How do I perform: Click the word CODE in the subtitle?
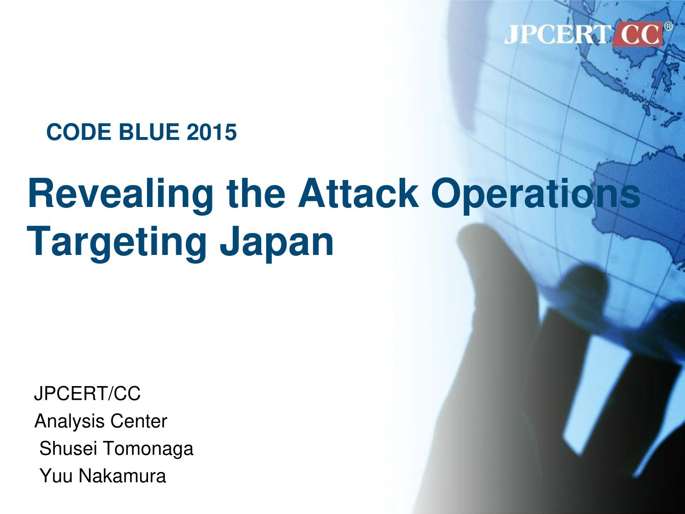tap(79, 132)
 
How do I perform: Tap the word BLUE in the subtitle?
tap(149, 132)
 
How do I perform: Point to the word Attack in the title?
tap(358, 193)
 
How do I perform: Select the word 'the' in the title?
tap(256, 193)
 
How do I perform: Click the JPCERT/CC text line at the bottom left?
tap(87, 393)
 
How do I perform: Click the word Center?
tap(138, 421)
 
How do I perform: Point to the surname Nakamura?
tap(122, 476)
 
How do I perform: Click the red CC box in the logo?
tap(637, 34)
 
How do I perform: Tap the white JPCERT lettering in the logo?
tap(558, 34)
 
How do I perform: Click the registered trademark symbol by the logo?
tap(668, 26)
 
